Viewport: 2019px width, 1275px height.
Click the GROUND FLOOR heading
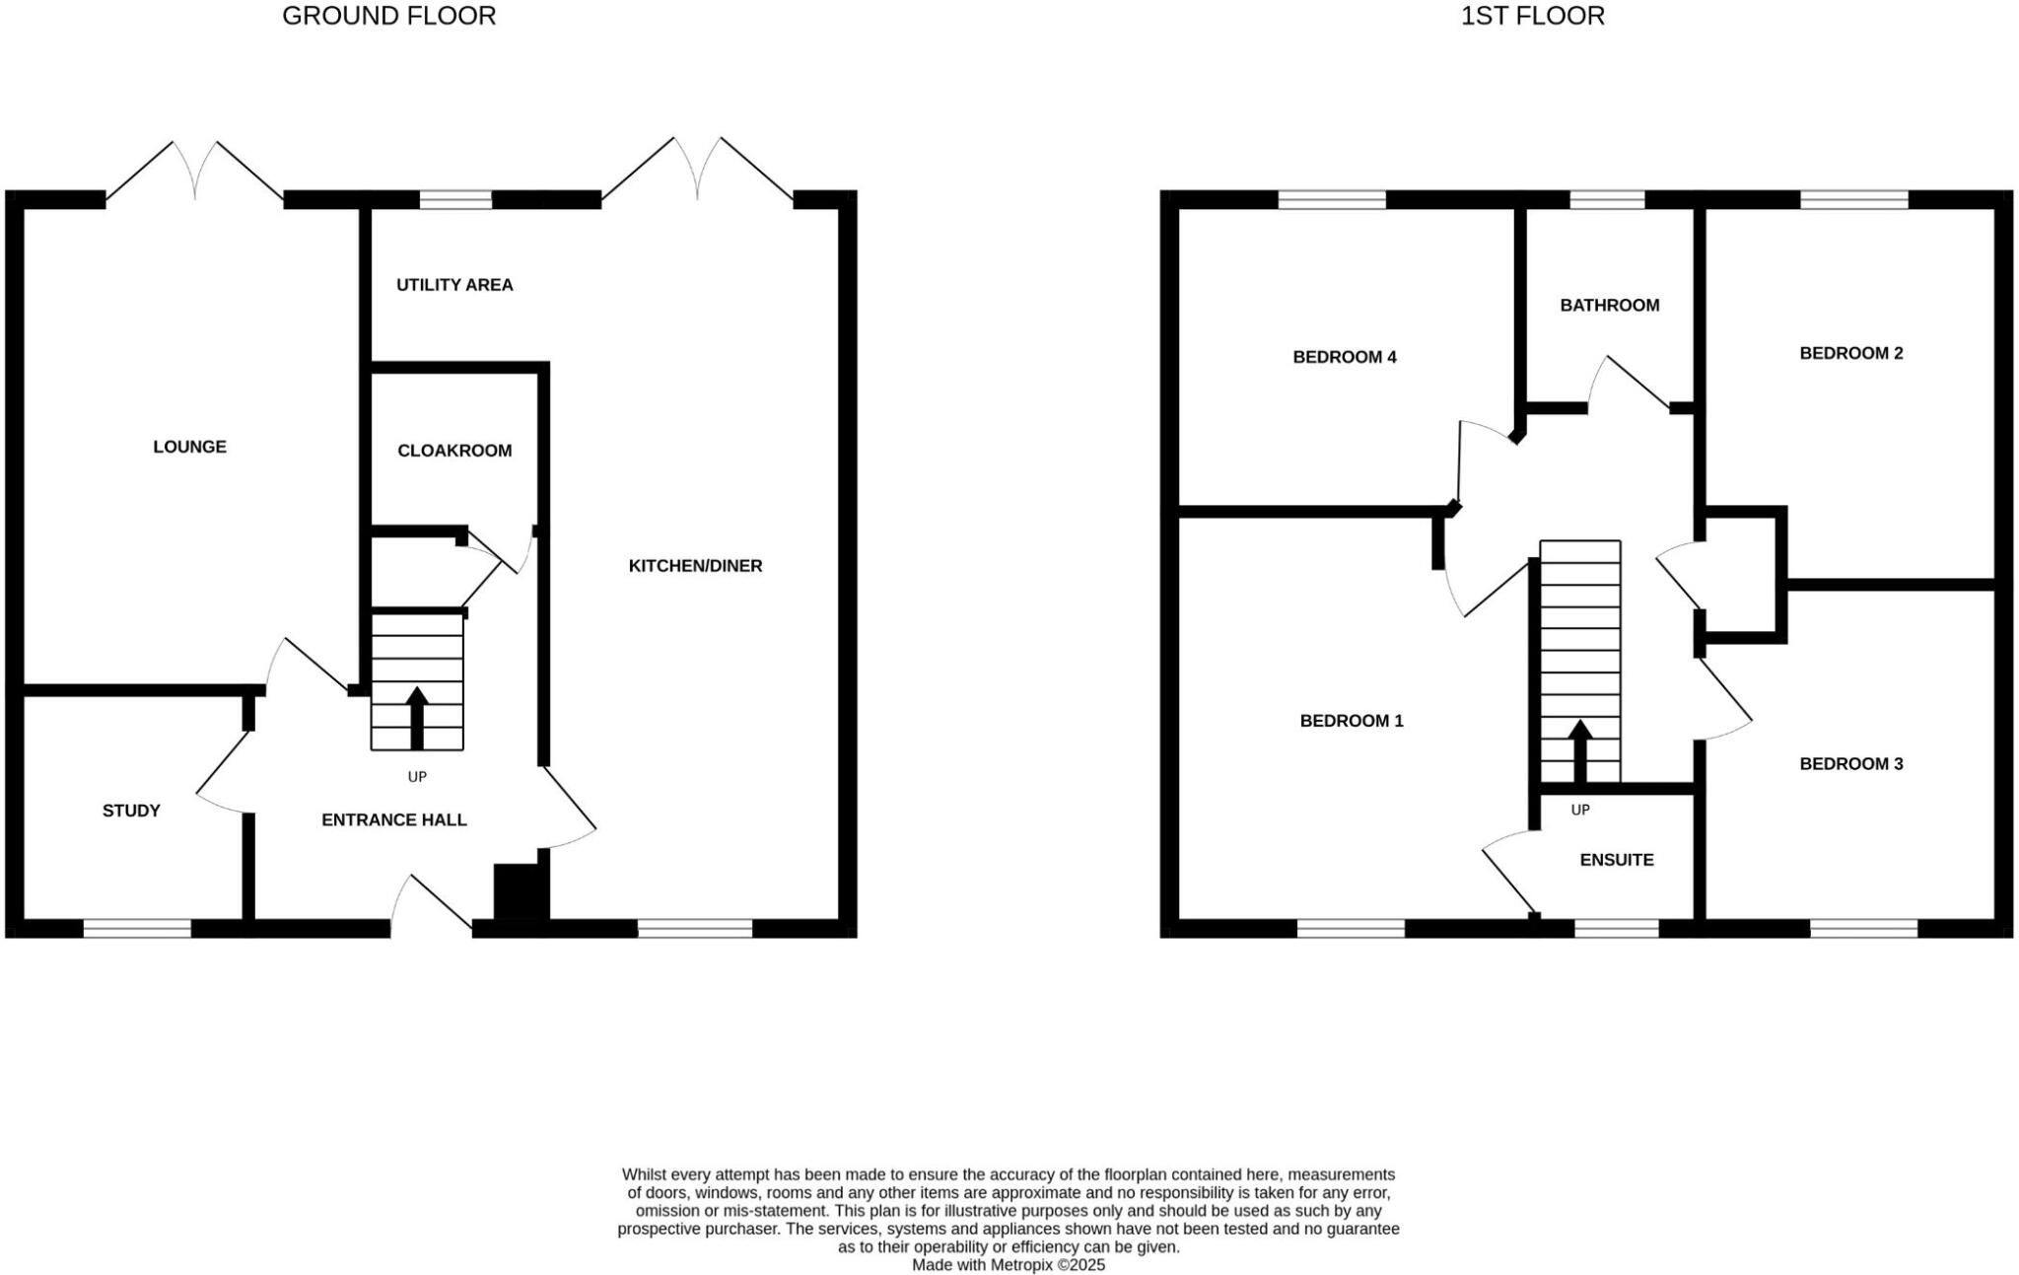388,16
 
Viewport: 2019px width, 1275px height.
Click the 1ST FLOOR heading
1532,16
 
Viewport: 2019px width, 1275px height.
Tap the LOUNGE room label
189,447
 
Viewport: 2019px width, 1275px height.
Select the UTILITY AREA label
454,285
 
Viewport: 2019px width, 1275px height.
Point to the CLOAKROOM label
454,451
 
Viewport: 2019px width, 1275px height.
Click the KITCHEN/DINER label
695,566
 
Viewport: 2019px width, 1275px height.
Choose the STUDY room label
131,811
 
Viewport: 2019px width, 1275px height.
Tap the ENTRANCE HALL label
393,819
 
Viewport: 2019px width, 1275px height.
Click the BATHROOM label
1609,306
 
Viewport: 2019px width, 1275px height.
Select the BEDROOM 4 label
1344,357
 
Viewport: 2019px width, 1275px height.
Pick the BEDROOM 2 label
1850,353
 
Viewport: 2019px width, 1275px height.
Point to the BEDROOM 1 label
1351,721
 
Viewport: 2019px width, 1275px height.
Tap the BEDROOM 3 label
1850,763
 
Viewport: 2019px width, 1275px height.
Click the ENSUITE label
1616,860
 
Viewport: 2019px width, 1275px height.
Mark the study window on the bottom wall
137,928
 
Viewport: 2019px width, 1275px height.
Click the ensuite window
1616,928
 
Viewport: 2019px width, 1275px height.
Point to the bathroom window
1607,200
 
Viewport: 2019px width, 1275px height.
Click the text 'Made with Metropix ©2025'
1008,1265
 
